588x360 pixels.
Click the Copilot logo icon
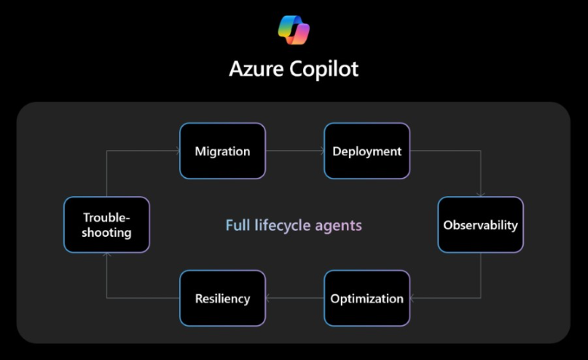pyautogui.click(x=294, y=30)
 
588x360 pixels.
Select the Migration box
pyautogui.click(x=222, y=152)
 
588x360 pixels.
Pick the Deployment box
pyautogui.click(x=366, y=152)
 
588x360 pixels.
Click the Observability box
pyautogui.click(x=480, y=224)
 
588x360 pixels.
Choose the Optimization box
pyautogui.click(x=366, y=298)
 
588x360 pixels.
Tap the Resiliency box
pyautogui.click(x=222, y=298)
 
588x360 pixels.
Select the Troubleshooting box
pyautogui.click(x=106, y=224)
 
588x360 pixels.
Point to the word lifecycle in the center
pyautogui.click(x=283, y=225)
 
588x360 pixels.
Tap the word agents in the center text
pyautogui.click(x=338, y=225)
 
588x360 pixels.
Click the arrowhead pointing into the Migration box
pyautogui.click(x=176, y=152)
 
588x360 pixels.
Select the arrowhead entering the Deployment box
pyautogui.click(x=321, y=152)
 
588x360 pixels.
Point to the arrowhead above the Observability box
pyautogui.click(x=480, y=194)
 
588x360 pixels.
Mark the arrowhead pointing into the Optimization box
pyautogui.click(x=413, y=298)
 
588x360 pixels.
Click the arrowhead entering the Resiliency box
pyautogui.click(x=269, y=298)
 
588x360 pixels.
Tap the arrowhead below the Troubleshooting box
pyautogui.click(x=106, y=256)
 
